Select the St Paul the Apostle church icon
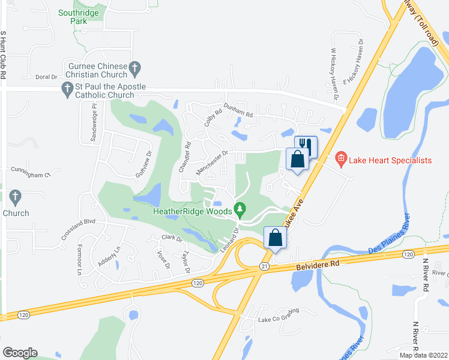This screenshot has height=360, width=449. click(x=67, y=91)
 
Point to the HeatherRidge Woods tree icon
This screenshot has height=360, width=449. click(x=240, y=210)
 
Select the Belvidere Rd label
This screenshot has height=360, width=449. click(x=318, y=263)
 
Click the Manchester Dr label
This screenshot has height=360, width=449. click(x=214, y=163)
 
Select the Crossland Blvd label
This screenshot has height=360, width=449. click(x=78, y=229)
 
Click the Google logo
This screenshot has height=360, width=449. click(x=20, y=353)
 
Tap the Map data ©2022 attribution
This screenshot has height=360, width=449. click(x=423, y=355)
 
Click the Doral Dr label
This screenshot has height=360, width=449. click(x=46, y=77)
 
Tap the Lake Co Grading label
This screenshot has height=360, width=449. click(x=279, y=319)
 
